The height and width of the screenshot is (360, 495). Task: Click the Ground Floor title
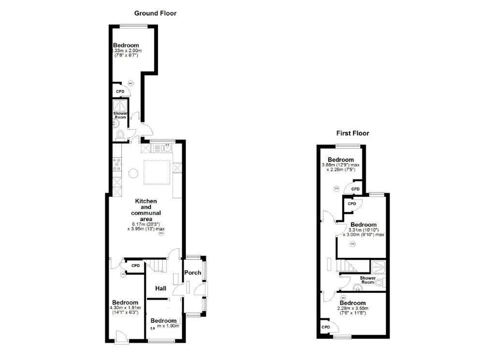pyautogui.click(x=155, y=13)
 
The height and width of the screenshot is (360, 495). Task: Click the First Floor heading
pyautogui.click(x=352, y=133)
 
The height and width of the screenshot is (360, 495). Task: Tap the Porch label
pyautogui.click(x=192, y=273)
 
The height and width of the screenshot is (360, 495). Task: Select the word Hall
pyautogui.click(x=160, y=288)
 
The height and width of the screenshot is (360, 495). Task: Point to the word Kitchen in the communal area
pyautogui.click(x=146, y=201)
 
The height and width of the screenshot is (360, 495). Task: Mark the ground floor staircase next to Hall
pyautogui.click(x=157, y=266)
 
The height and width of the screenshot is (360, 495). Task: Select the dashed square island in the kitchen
pyautogui.click(x=158, y=172)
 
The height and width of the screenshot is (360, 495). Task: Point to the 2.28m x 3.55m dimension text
pyautogui.click(x=352, y=308)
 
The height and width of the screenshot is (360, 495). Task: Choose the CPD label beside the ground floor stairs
pyautogui.click(x=135, y=266)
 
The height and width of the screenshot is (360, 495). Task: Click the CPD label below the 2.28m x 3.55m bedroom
pyautogui.click(x=326, y=327)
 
